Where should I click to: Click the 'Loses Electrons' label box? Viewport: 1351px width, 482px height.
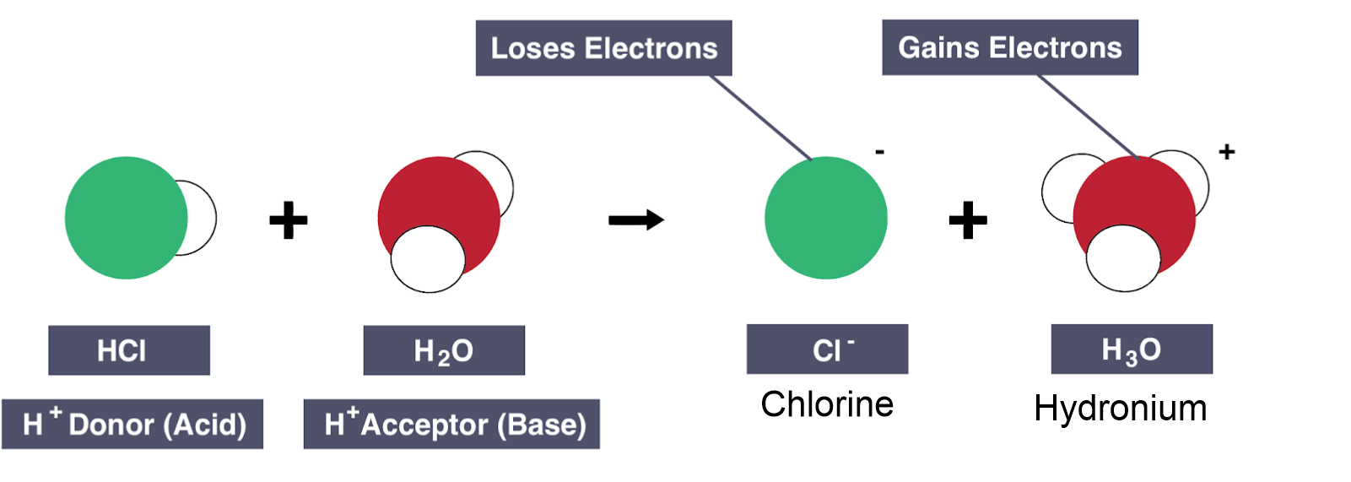coord(603,48)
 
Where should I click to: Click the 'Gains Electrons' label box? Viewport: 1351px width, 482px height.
coord(1009,47)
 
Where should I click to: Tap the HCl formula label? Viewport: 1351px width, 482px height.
coord(128,350)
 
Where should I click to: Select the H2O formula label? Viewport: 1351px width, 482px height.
coord(444,350)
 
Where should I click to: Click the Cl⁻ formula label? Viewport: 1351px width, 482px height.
coord(827,349)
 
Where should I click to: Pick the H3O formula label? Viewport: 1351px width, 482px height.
coord(1131,349)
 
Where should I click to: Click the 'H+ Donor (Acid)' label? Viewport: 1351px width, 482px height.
coord(132,424)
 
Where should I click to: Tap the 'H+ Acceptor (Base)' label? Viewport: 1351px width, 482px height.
coord(451,424)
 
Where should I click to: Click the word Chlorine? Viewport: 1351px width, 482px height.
coord(827,404)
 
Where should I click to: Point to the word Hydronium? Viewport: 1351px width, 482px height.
coord(1120,409)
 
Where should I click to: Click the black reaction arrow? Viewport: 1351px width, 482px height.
coord(635,220)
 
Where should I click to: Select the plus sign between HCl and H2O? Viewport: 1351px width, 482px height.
coord(289,220)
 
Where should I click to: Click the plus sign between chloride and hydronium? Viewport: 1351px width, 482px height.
coord(968,220)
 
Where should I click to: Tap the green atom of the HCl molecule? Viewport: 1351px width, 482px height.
coord(122,218)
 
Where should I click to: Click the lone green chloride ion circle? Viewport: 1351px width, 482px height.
coord(826,218)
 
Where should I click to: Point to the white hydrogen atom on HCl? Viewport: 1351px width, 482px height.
coord(201,218)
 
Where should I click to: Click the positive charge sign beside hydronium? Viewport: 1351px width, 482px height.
coord(1227,152)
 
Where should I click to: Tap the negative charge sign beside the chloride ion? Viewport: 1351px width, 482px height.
coord(880,152)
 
